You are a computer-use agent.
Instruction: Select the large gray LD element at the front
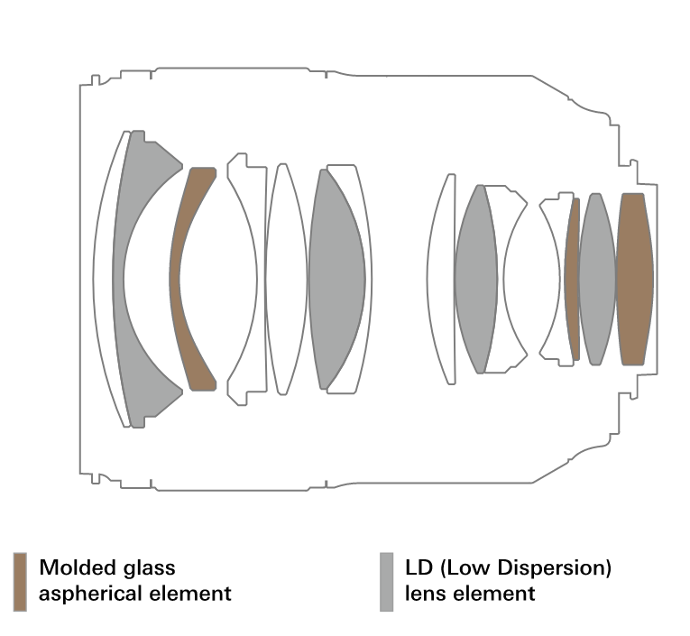coord(126,361)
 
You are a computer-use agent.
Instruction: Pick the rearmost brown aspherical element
coord(634,279)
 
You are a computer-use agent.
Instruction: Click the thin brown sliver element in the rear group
coord(572,280)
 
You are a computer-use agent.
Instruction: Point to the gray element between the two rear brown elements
coord(595,279)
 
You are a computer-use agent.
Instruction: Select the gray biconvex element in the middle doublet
coord(336,280)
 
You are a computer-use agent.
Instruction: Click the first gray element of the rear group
coord(475,280)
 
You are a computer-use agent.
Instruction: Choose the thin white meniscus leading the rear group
coord(442,280)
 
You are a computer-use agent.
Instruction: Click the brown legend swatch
coord(20,581)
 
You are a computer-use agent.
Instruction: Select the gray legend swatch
coord(387,581)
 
